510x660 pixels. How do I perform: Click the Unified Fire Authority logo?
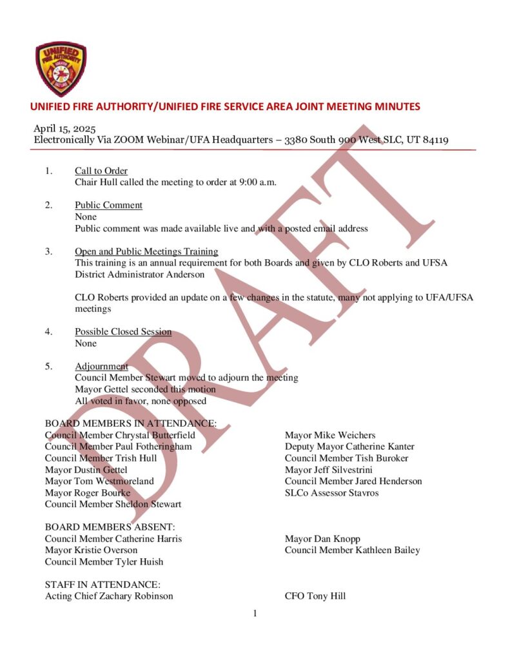tap(61, 69)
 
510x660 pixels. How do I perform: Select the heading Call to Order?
tap(101, 171)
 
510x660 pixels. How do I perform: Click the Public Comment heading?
tap(108, 206)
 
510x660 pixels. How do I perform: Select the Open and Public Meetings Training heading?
tap(146, 251)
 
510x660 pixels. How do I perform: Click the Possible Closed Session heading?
tap(123, 332)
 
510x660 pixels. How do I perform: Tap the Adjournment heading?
tap(101, 367)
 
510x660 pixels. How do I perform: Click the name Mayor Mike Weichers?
tap(330, 435)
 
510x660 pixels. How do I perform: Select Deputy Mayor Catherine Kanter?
tap(349, 447)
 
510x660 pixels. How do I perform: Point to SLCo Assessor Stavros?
tap(331, 493)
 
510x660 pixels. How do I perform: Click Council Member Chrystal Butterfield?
tap(120, 435)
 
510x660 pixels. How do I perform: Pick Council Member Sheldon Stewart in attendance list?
tap(113, 504)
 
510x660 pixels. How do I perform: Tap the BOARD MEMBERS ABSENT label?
tap(110, 527)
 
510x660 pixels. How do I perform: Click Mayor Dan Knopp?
tap(322, 539)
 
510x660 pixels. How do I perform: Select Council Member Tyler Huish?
tap(104, 561)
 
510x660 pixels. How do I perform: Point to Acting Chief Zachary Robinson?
tap(109, 596)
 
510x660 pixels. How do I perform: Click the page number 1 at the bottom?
tap(255, 614)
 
